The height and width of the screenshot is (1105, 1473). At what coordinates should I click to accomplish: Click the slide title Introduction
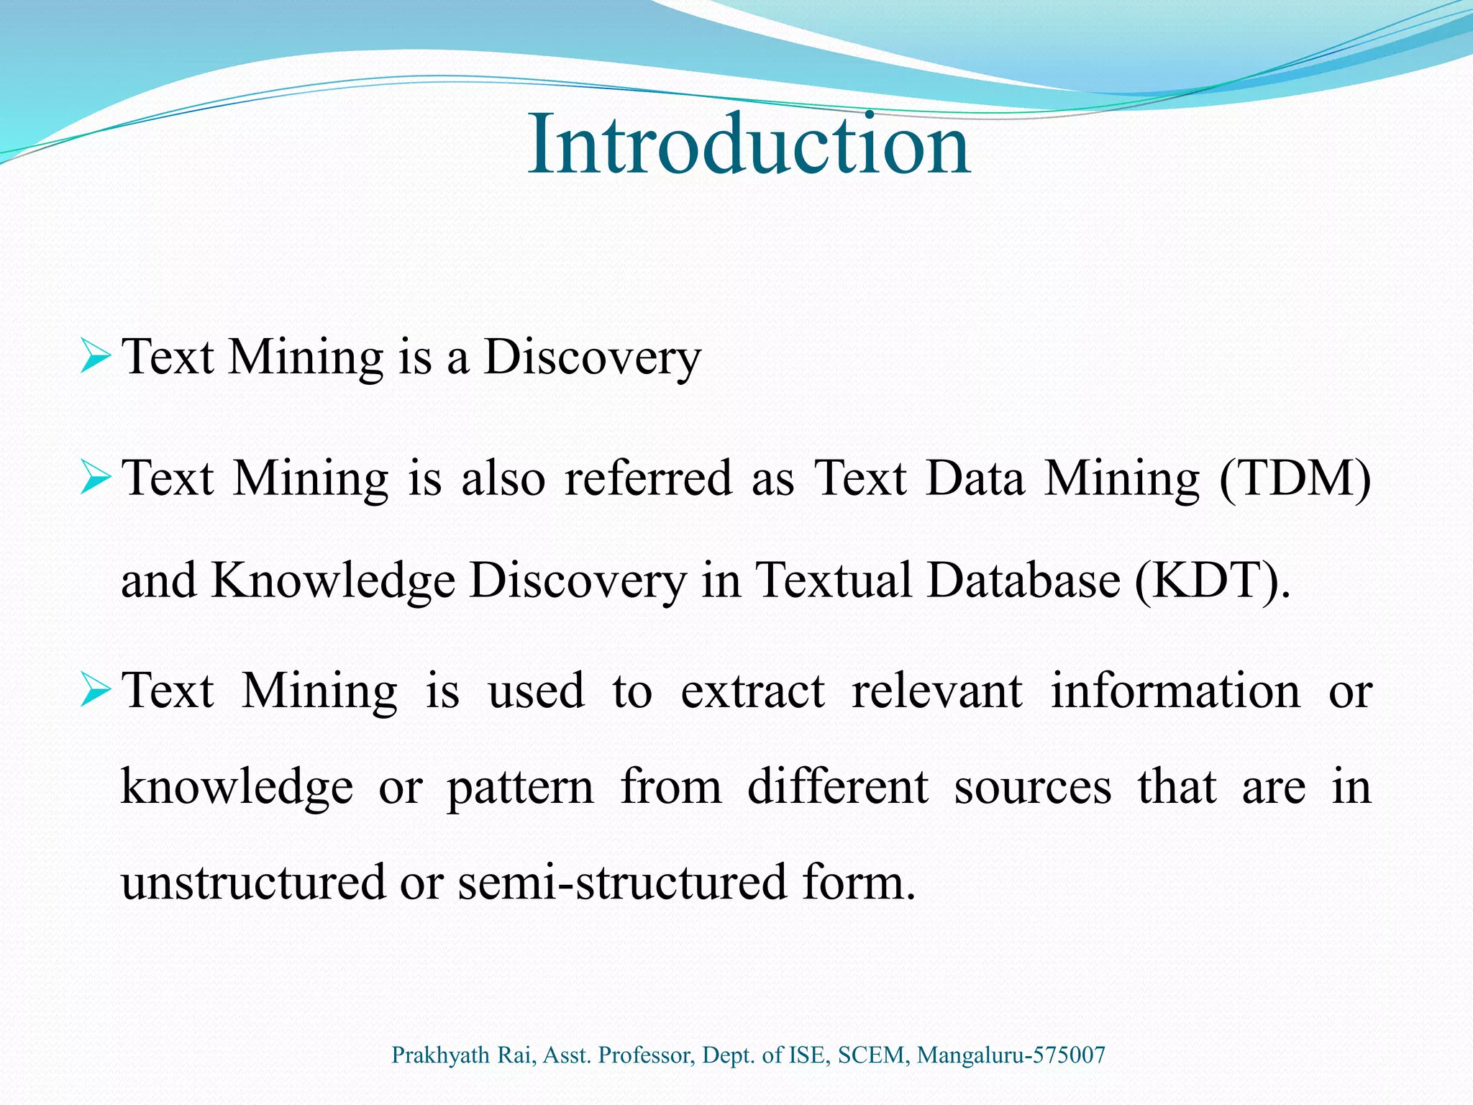click(x=749, y=145)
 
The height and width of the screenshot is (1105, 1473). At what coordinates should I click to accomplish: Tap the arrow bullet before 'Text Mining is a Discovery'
click(x=96, y=357)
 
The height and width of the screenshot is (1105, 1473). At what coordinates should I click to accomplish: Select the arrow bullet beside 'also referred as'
click(x=96, y=478)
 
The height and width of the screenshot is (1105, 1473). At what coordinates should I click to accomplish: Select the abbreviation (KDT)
click(x=1212, y=581)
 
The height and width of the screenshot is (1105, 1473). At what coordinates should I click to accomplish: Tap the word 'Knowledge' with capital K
click(x=333, y=581)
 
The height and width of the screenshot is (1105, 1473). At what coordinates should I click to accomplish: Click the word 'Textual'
click(x=834, y=581)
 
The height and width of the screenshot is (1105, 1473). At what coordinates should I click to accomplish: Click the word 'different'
click(x=838, y=787)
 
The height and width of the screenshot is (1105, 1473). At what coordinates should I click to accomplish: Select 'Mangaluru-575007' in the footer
click(x=1011, y=1055)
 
